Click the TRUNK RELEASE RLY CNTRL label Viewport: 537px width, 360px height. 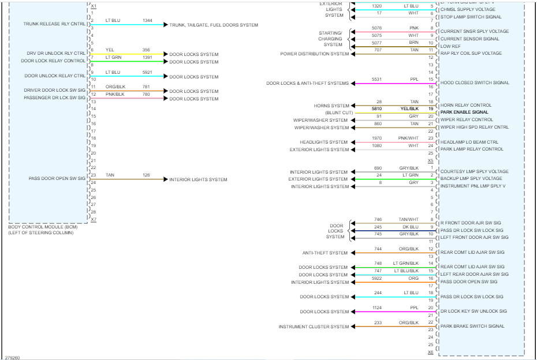pyautogui.click(x=54, y=24)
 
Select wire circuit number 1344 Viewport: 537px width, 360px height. pyautogui.click(x=147, y=20)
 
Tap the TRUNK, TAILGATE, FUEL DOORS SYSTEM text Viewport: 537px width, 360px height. pyautogui.click(x=214, y=25)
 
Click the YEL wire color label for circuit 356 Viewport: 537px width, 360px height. pyautogui.click(x=110, y=50)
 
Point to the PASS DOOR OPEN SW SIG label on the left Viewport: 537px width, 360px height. pyautogui.click(x=57, y=179)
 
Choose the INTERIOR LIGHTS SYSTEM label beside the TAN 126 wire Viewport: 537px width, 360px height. pyautogui.click(x=198, y=179)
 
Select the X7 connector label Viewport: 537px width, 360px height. pyautogui.click(x=94, y=220)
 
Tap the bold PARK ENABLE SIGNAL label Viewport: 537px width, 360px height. pyautogui.click(x=464, y=112)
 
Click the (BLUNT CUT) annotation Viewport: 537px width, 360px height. pyautogui.click(x=339, y=112)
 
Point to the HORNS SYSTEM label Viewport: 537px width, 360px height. pyautogui.click(x=331, y=106)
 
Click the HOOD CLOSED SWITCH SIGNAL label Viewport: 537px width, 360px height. pyautogui.click(x=475, y=83)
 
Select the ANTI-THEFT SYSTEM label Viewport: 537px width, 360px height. pyautogui.click(x=325, y=253)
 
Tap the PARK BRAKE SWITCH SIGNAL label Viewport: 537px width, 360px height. pyautogui.click(x=472, y=327)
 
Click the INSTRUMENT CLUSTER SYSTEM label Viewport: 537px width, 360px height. pyautogui.click(x=314, y=327)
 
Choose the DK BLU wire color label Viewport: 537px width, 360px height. pyautogui.click(x=411, y=227)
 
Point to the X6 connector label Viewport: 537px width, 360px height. pyautogui.click(x=430, y=352)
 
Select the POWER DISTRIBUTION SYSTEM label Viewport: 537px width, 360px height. pyautogui.click(x=315, y=54)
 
